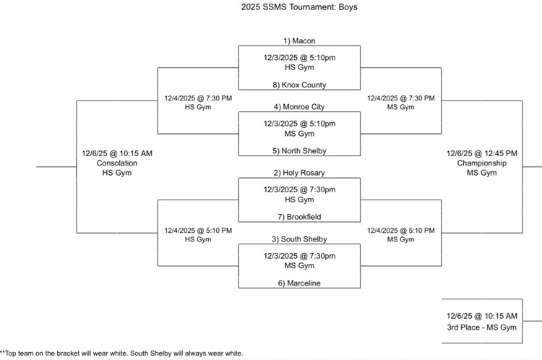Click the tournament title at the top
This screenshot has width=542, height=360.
pos(299,7)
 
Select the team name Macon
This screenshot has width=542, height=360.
pos(299,41)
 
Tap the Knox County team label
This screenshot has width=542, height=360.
pos(299,85)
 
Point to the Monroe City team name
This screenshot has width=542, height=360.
pos(299,107)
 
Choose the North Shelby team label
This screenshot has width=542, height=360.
pos(299,151)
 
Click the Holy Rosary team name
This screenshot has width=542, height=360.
pos(299,173)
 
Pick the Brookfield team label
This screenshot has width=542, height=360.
pos(299,217)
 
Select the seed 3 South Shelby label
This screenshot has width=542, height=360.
pos(299,239)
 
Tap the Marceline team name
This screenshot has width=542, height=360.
pos(299,283)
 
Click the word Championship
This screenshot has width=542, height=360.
pos(482,163)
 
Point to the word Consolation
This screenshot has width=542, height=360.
pos(117,163)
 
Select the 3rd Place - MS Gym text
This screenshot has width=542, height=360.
pos(482,327)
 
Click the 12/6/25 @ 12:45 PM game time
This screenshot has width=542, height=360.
pos(482,153)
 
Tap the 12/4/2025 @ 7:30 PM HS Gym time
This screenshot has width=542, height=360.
pos(198,98)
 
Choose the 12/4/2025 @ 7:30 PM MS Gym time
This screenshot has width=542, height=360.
pos(401,98)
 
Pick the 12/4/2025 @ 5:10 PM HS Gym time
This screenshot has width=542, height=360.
pos(198,231)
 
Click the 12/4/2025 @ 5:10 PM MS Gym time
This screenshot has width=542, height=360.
pos(401,231)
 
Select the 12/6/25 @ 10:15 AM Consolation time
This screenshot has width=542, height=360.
pos(117,153)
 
